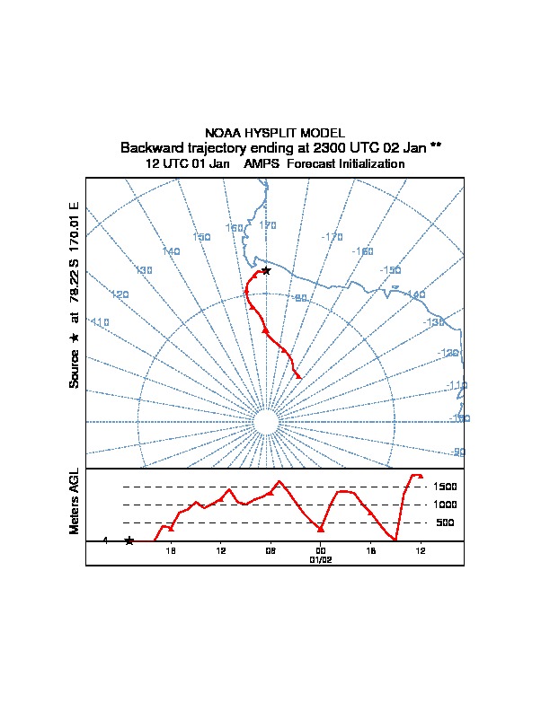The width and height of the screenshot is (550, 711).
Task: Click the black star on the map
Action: pos(265,270)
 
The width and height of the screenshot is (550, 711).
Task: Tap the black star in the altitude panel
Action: pos(129,540)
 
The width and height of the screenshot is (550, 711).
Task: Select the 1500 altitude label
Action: pos(446,487)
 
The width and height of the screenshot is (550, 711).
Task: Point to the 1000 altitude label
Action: pos(446,505)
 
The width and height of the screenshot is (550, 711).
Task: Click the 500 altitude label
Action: pos(446,522)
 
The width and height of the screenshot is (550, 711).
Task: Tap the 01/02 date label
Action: pos(321,559)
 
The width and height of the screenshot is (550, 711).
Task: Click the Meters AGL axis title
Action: pos(75,501)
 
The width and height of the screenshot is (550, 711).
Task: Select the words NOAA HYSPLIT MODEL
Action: pos(275,133)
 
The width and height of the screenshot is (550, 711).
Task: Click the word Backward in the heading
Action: pos(149,147)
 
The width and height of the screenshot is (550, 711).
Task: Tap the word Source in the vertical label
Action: pos(75,369)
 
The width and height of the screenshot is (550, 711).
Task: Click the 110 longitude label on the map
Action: pos(99,321)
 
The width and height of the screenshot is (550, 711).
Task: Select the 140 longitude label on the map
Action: pos(171,251)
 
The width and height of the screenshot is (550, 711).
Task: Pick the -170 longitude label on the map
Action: pos(333,237)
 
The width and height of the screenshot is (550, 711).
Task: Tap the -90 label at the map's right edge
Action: pos(457,452)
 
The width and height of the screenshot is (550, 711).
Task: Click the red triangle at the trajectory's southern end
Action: pos(298,374)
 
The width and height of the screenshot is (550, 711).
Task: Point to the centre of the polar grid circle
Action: pos(265,422)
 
